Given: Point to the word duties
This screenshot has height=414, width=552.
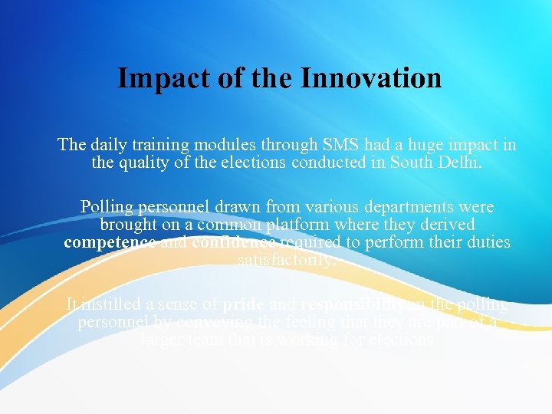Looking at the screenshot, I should (486, 243).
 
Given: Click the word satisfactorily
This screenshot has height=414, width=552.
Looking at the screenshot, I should (287, 261).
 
